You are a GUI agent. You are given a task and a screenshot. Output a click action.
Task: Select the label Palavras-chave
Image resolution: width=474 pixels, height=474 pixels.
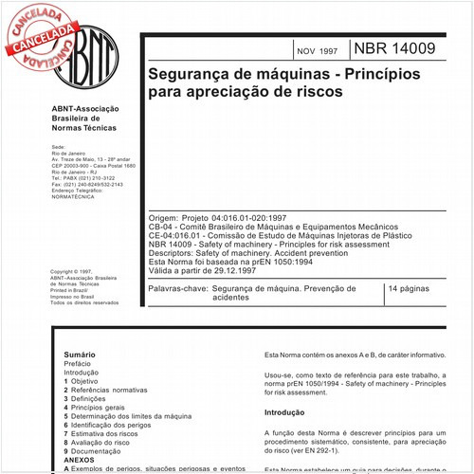(x=177, y=287)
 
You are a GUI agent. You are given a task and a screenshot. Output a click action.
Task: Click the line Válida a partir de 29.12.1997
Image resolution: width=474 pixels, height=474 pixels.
(x=203, y=270)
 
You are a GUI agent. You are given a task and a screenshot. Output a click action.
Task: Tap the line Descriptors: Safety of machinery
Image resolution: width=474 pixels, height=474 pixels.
(x=246, y=252)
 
